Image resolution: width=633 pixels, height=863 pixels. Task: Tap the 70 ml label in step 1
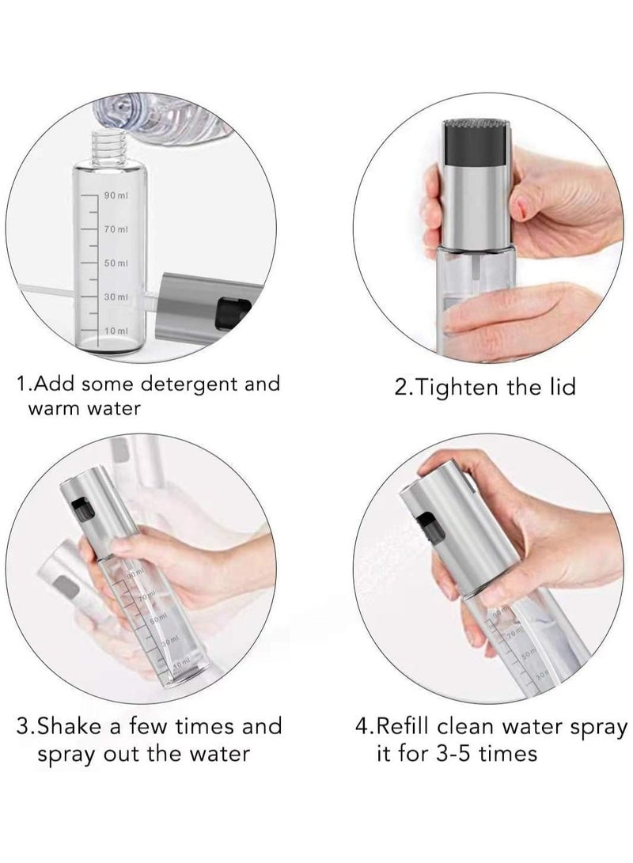(x=116, y=229)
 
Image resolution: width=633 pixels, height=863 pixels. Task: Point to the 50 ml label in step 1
(x=116, y=262)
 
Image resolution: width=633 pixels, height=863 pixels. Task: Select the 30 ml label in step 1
(x=116, y=296)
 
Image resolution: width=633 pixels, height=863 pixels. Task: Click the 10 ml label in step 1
(x=116, y=329)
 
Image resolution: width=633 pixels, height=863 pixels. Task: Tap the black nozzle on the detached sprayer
(x=229, y=302)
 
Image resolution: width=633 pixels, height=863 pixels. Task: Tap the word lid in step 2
(x=559, y=387)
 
